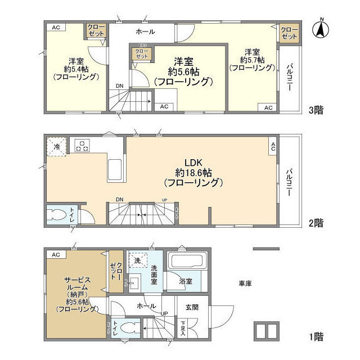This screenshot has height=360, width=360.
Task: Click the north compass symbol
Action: (x=321, y=29)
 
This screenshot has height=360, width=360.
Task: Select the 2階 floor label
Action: (x=316, y=223)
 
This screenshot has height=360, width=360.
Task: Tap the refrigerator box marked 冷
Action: (x=56, y=146)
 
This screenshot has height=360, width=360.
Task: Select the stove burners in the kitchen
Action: (x=82, y=146)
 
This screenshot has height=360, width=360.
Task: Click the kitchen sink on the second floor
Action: (x=115, y=167)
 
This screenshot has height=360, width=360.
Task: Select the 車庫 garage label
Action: (x=244, y=283)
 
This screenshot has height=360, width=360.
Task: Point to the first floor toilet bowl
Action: (x=126, y=327)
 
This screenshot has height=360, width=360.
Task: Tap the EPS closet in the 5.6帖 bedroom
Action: (x=141, y=53)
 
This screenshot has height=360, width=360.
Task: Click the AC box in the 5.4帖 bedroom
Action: (x=56, y=27)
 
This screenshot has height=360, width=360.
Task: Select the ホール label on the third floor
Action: (x=145, y=31)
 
